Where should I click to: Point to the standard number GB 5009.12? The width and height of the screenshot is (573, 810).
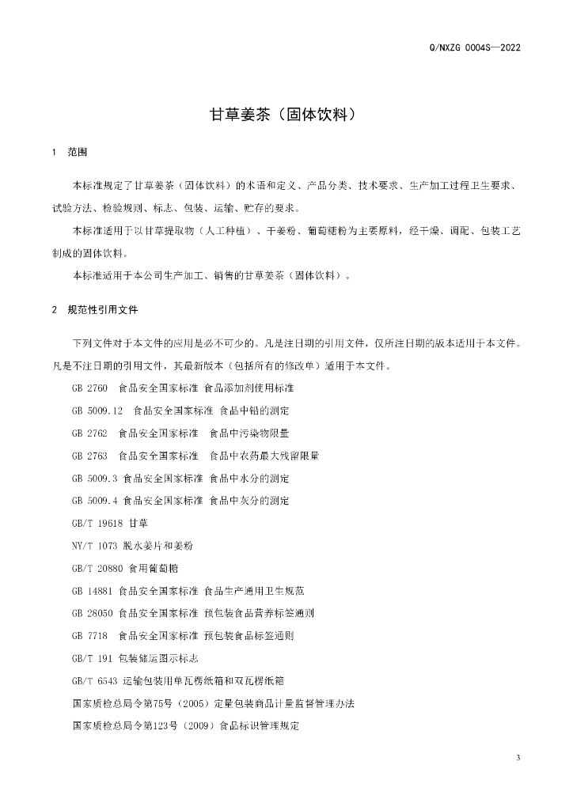97,411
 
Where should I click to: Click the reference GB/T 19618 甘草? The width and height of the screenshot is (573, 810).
109,524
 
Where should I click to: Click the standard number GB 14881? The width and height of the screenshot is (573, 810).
92,591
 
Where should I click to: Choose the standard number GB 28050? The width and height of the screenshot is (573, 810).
92,613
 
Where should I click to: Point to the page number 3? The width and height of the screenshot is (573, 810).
518,759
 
